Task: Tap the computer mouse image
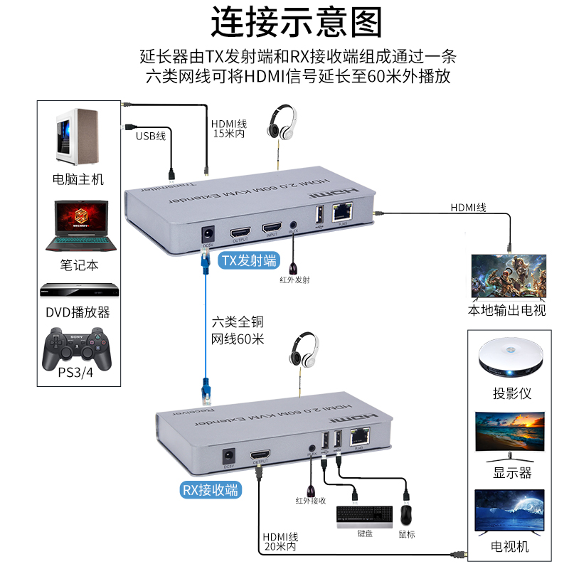click(x=407, y=514)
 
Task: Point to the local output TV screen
click(x=508, y=278)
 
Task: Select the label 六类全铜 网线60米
click(x=238, y=331)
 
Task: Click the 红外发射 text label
click(x=294, y=280)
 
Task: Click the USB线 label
click(x=151, y=135)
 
